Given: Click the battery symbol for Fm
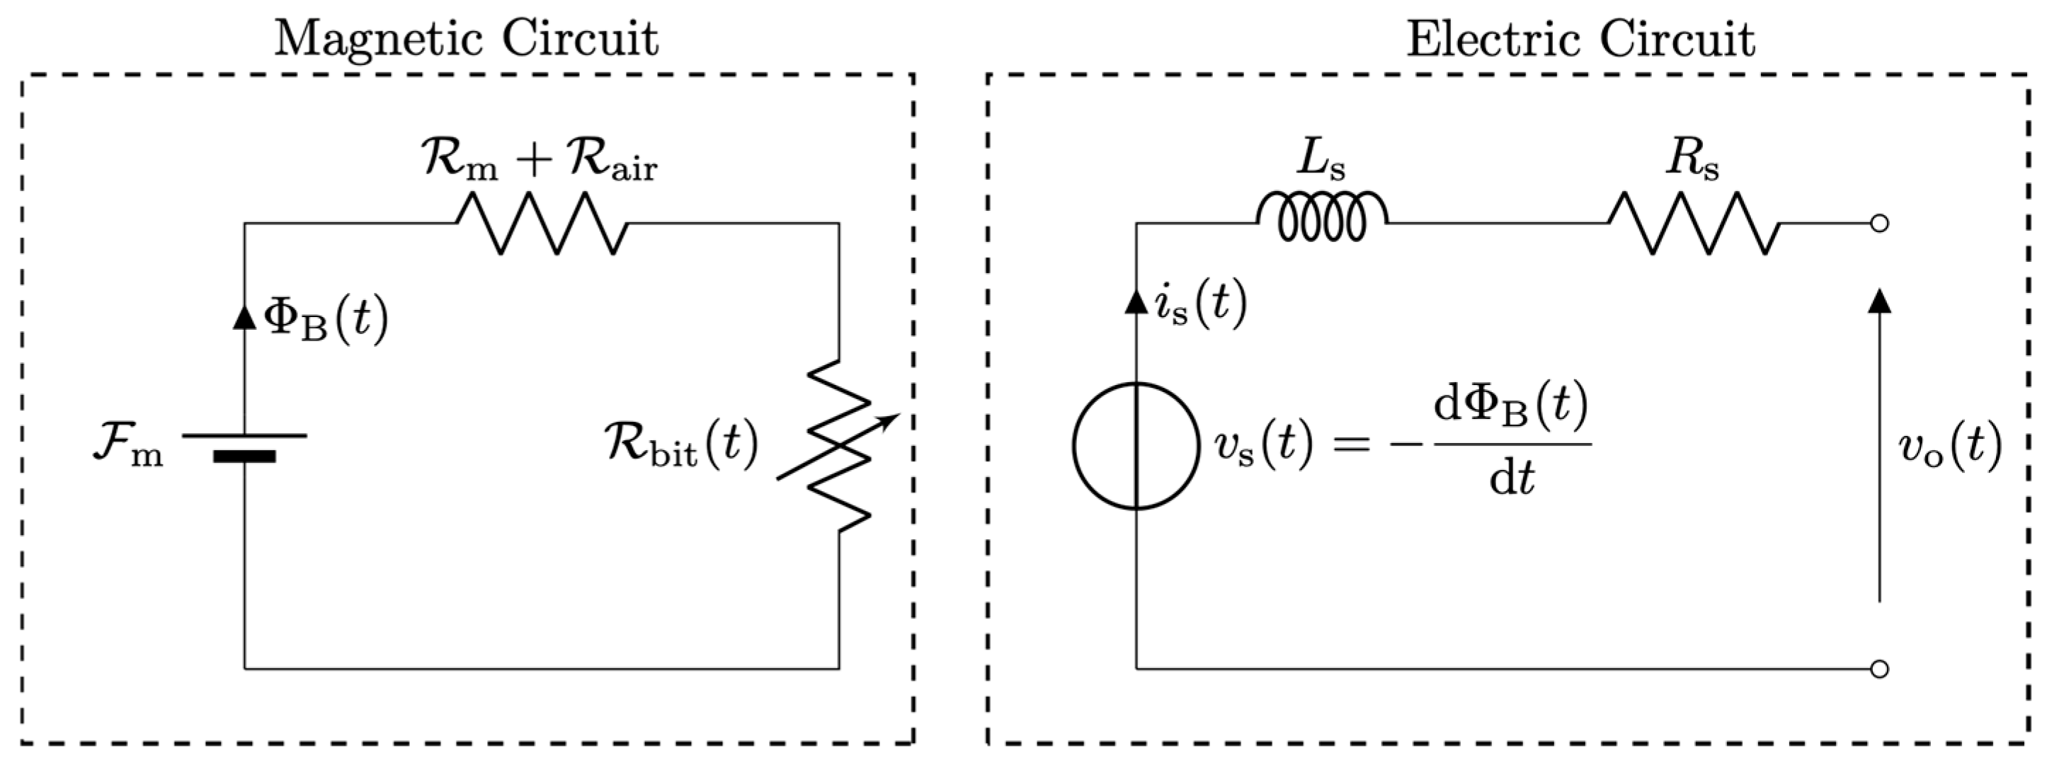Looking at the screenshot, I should click(x=245, y=447).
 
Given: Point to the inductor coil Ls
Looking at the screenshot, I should click(x=1322, y=216).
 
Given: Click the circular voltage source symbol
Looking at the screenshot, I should click(x=1136, y=446).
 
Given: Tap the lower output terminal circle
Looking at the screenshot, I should click(x=1879, y=669).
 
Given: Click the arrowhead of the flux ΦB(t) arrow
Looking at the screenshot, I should click(x=245, y=316).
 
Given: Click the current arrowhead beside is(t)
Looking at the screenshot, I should click(x=1136, y=302).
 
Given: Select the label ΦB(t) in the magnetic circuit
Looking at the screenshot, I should click(x=326, y=319).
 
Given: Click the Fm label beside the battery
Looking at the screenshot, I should click(x=127, y=448).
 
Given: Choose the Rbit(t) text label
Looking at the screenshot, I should click(x=682, y=445).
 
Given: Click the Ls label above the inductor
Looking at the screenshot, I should click(x=1321, y=159).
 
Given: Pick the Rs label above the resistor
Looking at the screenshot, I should click(x=1692, y=159).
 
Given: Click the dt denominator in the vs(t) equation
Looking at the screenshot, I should click(x=1512, y=480).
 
